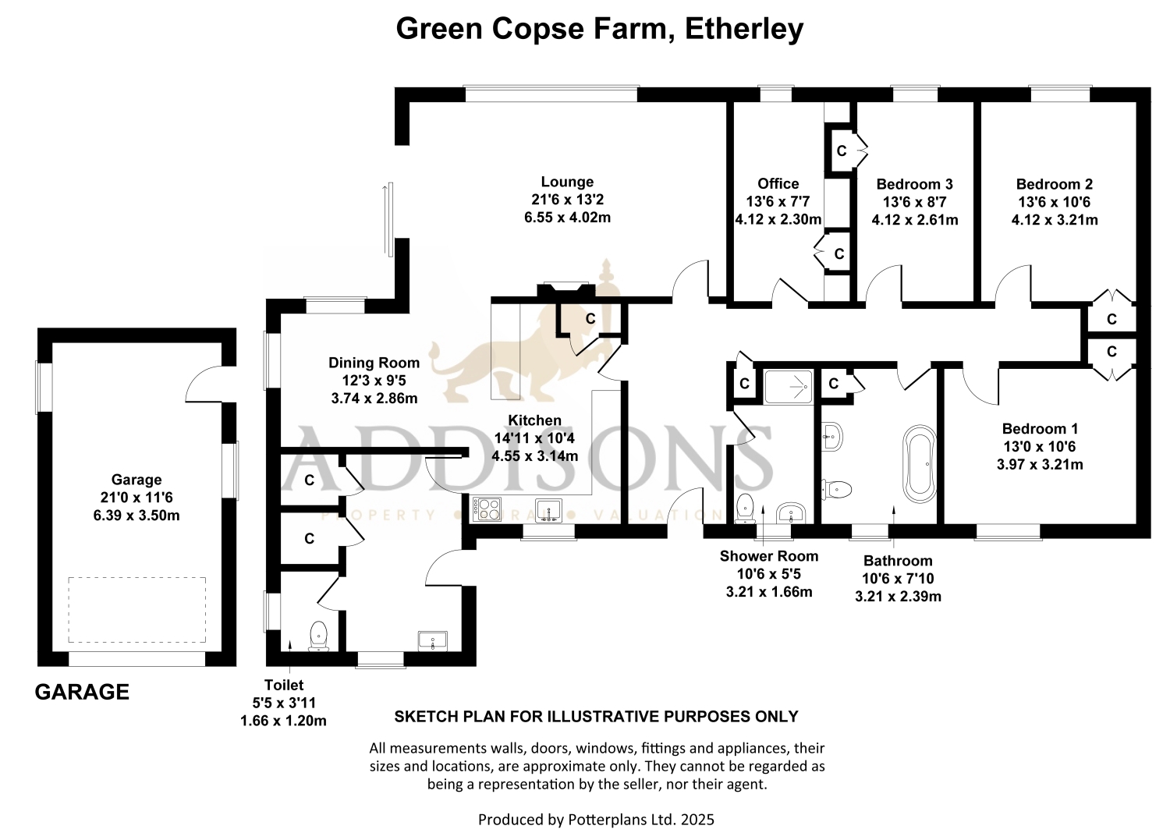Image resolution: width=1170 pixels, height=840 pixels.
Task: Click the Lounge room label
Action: (567, 182)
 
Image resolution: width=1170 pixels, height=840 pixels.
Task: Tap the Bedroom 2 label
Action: (1054, 184)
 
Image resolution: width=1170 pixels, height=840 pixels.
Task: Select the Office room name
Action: (778, 183)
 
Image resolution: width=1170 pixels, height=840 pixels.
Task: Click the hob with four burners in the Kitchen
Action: (487, 509)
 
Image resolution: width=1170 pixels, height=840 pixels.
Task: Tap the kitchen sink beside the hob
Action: (548, 510)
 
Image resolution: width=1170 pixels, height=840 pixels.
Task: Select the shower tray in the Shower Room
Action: (789, 387)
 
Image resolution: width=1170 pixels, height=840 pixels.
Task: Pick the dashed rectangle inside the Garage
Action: (136, 610)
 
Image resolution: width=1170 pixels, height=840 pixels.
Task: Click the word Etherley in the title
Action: (744, 29)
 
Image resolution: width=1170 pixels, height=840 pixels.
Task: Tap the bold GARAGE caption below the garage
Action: (82, 692)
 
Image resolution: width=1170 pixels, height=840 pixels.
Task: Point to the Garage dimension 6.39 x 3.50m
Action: (136, 516)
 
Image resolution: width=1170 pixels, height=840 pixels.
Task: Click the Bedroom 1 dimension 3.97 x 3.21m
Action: (1040, 464)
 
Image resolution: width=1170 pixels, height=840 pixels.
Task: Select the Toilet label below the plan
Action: (284, 685)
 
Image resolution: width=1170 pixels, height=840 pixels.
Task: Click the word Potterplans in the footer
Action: (605, 820)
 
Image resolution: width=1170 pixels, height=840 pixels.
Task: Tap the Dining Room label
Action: (374, 363)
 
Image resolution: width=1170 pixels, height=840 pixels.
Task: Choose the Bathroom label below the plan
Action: (898, 561)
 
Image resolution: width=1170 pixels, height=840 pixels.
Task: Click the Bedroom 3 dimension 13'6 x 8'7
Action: (915, 202)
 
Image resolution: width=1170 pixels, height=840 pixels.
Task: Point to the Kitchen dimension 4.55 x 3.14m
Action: (535, 456)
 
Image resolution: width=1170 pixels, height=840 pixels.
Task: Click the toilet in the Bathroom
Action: (837, 490)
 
